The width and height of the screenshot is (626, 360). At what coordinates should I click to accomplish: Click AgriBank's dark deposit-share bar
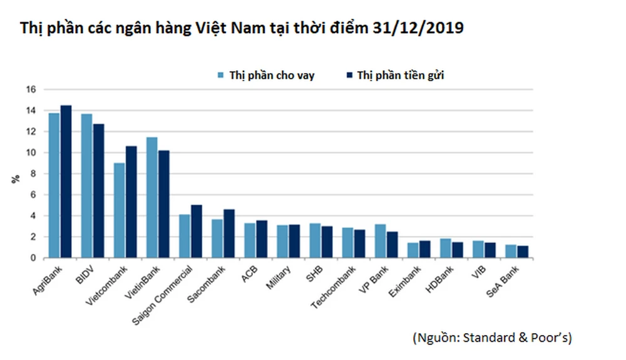pos(66,182)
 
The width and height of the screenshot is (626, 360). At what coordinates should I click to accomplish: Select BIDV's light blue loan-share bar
pos(87,186)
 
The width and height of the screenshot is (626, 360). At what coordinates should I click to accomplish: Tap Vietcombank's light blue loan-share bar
pos(119,210)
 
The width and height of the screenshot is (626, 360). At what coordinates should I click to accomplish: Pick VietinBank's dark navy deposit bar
pos(164,204)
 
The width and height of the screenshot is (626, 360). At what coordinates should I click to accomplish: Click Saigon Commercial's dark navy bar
pos(197,231)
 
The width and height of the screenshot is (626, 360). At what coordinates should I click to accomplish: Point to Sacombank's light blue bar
pos(217,239)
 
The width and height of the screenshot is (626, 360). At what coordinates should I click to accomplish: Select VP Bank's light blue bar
pos(380,241)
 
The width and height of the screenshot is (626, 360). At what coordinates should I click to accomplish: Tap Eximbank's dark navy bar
pos(425,249)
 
